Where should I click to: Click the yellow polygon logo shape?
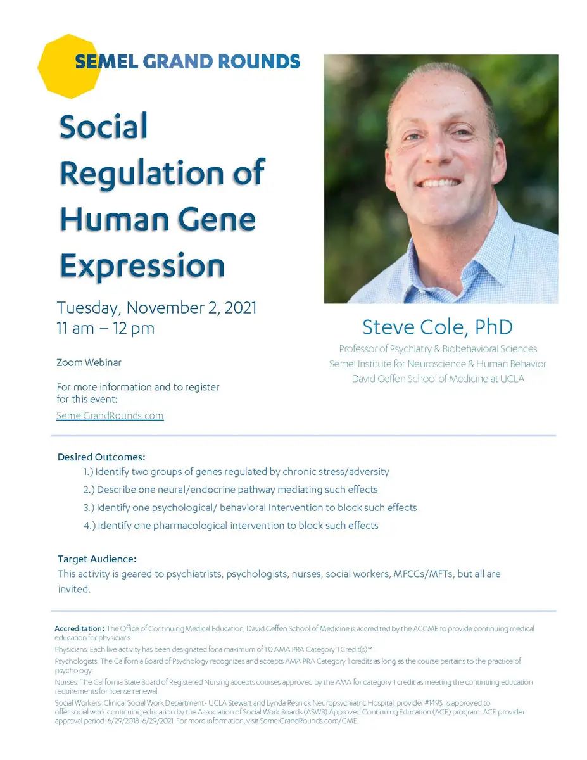point(69,66)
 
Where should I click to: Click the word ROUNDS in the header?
point(259,61)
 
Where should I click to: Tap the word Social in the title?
point(103,126)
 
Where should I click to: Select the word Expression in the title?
point(142,266)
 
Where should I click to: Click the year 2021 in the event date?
point(241,308)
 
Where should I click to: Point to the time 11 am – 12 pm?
point(106,328)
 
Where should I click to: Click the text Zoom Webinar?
point(89,362)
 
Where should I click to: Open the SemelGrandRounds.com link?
point(110,415)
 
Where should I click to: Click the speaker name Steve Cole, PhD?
point(438,327)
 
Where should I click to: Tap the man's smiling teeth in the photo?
point(439,183)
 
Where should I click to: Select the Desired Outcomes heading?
point(101,457)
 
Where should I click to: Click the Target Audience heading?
point(97,559)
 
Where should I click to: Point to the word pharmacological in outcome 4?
point(190,526)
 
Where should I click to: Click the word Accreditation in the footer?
point(79,628)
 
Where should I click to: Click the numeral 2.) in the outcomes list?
point(89,490)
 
